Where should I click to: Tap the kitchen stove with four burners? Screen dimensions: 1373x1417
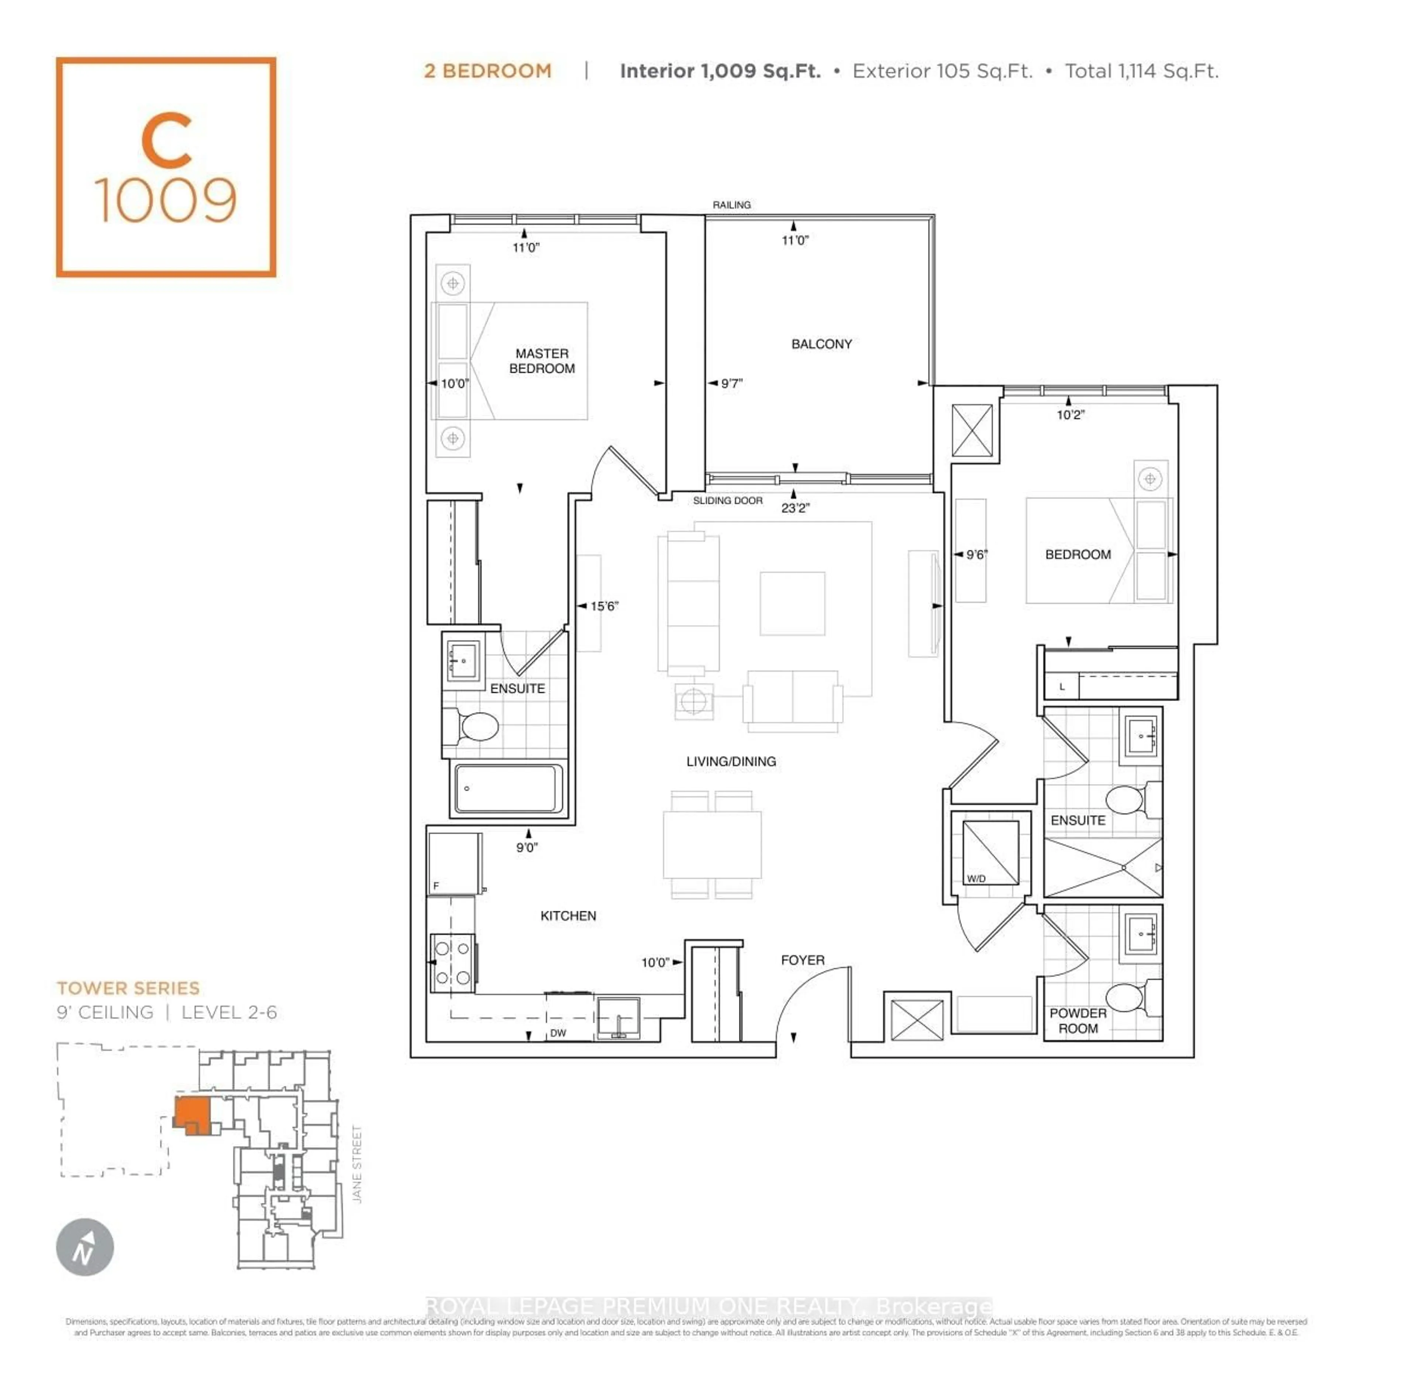[x=452, y=962]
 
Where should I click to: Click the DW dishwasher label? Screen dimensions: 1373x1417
[x=558, y=1033]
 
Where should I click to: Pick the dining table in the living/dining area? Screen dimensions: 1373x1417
[x=712, y=845]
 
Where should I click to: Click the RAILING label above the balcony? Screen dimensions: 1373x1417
[x=732, y=205]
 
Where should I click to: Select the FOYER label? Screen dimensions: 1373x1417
[x=803, y=960]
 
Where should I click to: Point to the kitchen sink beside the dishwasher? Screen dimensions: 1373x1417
[x=619, y=1018]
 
